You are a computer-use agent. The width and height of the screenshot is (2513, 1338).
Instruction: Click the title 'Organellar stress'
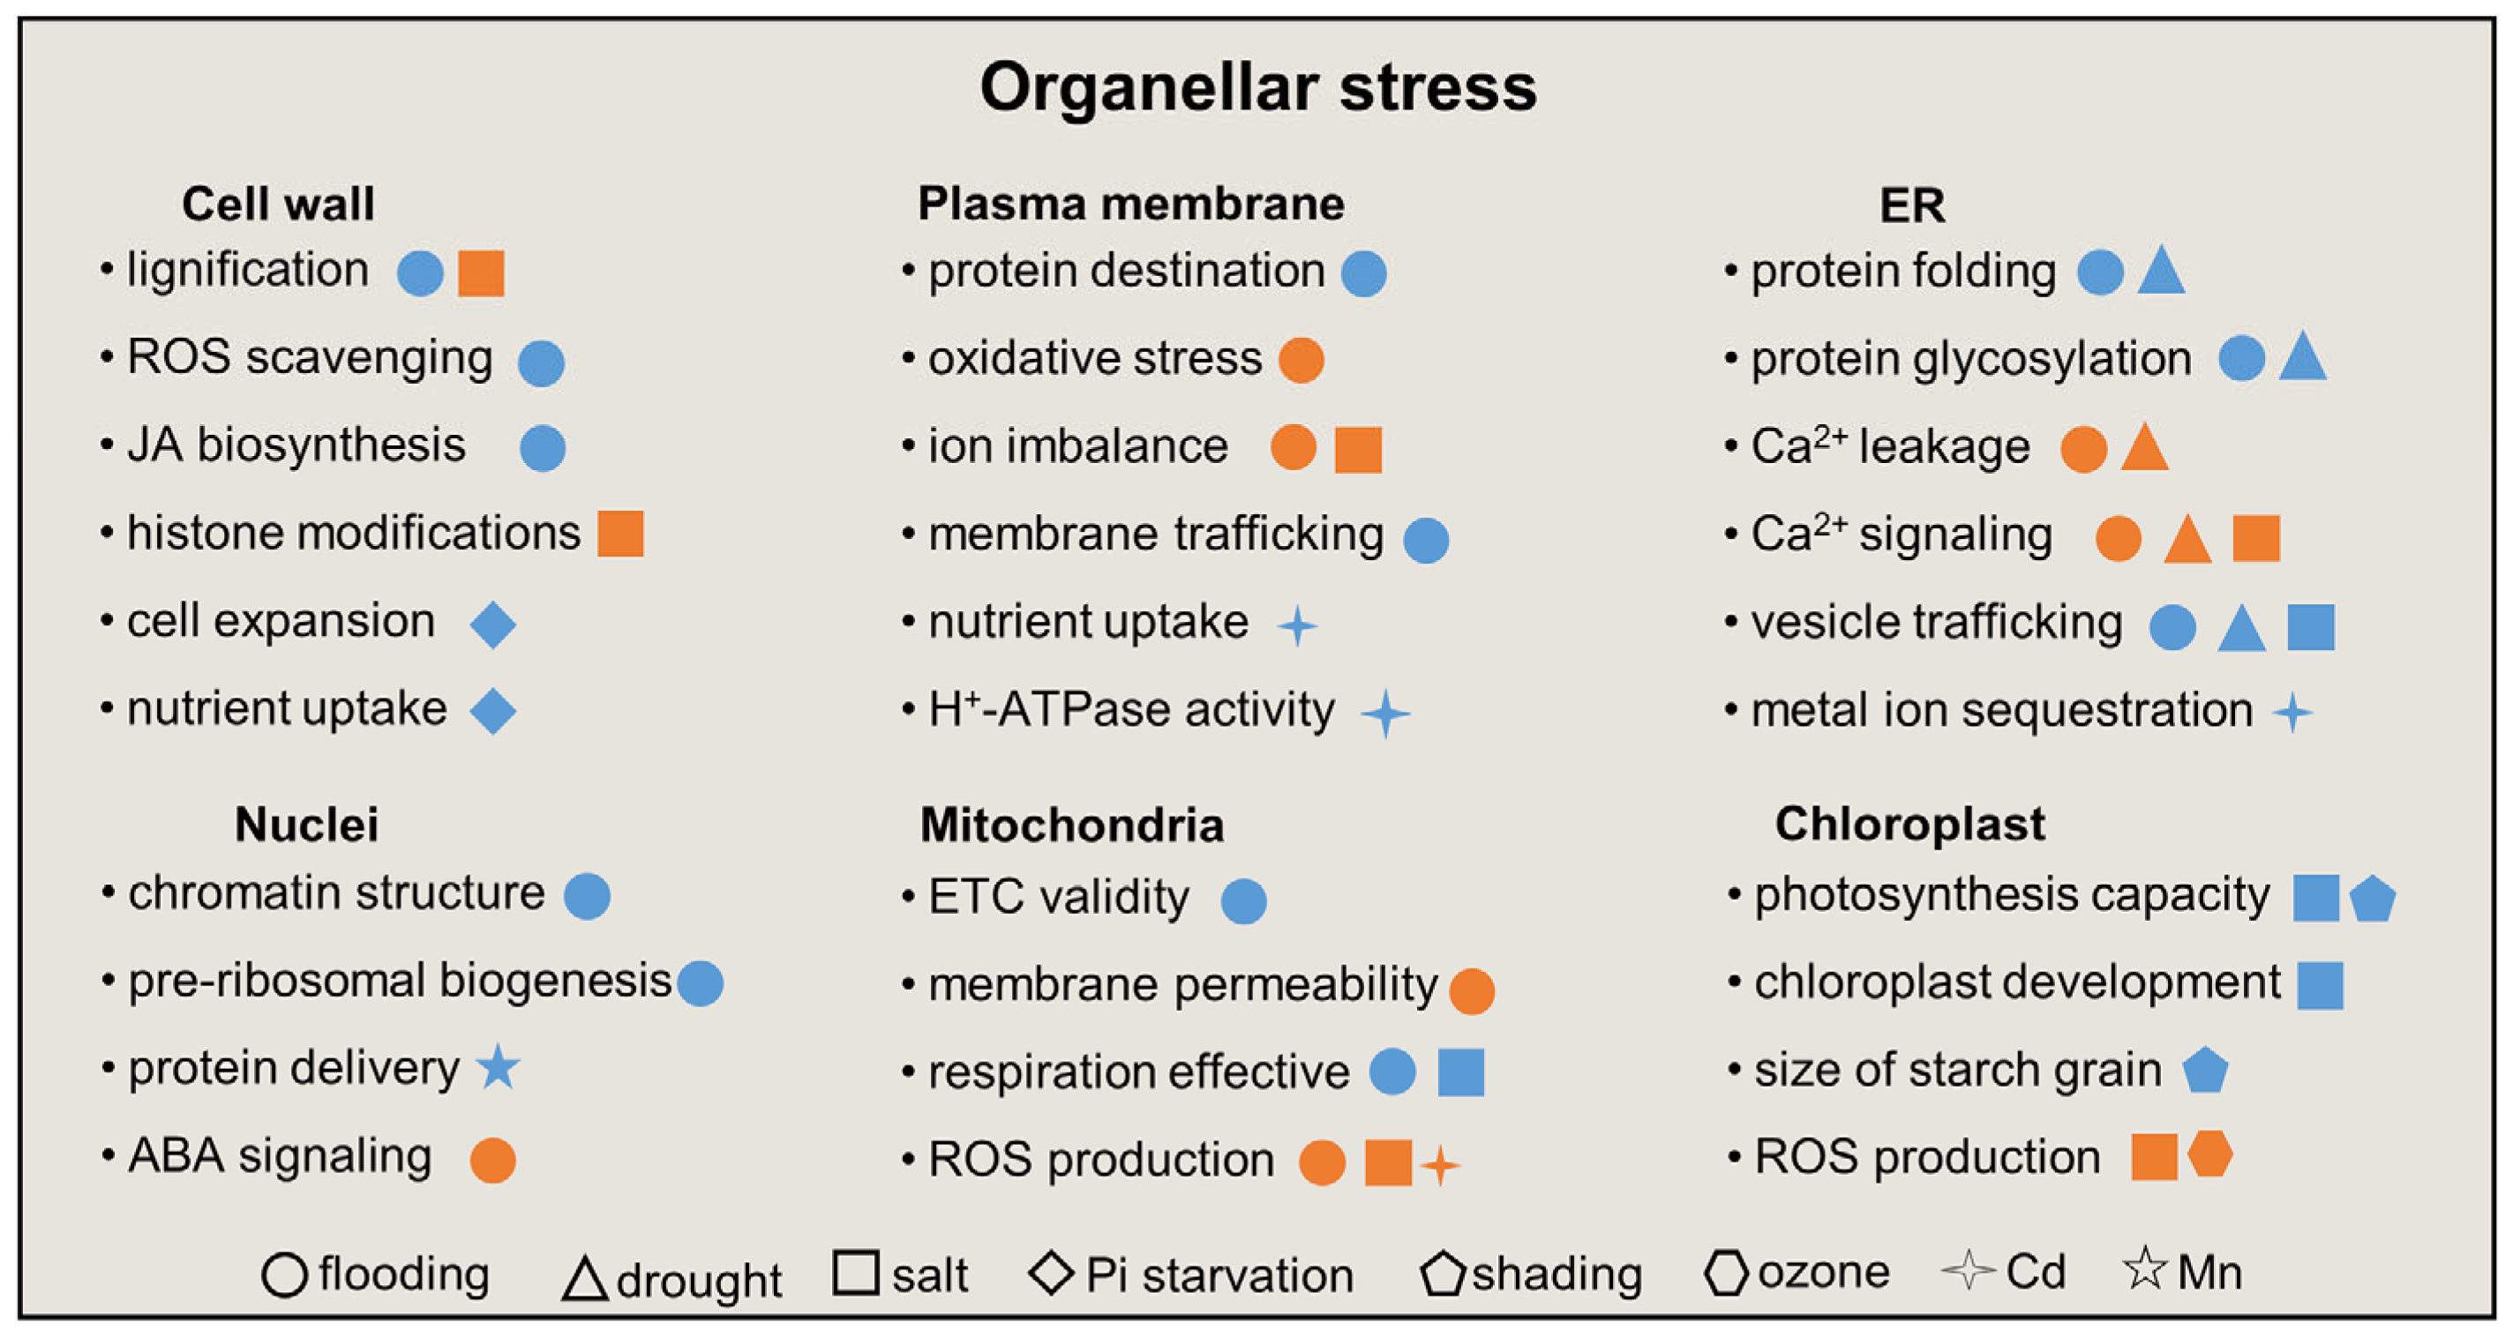coord(1257,88)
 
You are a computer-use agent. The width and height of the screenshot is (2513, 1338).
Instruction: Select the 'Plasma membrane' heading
coord(1130,204)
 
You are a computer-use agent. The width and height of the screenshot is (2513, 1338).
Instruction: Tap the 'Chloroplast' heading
coord(1909,824)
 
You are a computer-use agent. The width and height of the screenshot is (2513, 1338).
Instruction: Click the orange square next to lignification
coord(481,273)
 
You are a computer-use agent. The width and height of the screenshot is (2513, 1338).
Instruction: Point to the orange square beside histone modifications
coord(620,534)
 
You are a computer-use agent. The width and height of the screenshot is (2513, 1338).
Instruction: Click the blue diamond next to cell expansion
coord(492,624)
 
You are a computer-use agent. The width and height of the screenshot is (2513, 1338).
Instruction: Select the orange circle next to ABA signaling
coord(492,1161)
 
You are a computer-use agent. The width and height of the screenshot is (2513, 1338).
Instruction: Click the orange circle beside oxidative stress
coord(1302,360)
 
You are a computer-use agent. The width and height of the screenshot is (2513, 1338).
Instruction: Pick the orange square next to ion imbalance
coord(1358,450)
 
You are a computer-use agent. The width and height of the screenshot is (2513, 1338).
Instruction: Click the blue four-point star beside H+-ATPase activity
coord(1385,713)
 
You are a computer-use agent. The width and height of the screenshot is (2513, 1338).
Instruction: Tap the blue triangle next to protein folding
coord(2161,271)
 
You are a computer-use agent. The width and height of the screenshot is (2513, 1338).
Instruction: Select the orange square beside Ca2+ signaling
coord(2256,538)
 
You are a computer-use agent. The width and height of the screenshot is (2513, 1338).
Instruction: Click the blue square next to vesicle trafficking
coord(2311,626)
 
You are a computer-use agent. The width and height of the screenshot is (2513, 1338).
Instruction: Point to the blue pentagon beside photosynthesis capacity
coord(2373,899)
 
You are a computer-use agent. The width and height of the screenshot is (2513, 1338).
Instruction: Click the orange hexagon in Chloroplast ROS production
coord(2209,1155)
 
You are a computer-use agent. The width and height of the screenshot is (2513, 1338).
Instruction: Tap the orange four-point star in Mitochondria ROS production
coord(1440,1164)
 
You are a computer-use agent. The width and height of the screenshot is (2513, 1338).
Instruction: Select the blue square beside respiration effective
coord(1461,1073)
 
